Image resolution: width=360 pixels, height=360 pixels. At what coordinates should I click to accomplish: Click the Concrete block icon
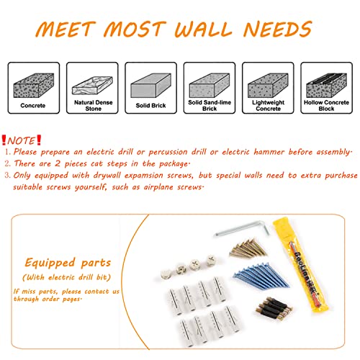pos(34,86)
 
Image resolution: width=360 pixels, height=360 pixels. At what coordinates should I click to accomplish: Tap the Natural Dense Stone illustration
pos(92,86)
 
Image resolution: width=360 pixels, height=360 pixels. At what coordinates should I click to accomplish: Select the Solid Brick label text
pos(150,105)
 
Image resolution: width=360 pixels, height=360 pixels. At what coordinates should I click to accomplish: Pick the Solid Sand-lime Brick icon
pos(210,86)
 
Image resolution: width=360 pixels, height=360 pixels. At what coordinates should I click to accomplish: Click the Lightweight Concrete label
pos(268,105)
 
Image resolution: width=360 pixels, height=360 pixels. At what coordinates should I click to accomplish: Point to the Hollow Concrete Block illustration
pos(326,86)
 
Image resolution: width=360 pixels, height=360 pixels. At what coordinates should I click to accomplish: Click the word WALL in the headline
pos(203,29)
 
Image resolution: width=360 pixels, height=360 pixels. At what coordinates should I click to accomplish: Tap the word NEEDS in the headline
pos(277,29)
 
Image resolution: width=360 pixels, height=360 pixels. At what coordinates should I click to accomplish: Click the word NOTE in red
pos(21,140)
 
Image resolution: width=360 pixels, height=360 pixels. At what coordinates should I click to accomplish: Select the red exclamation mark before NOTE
pos(4,140)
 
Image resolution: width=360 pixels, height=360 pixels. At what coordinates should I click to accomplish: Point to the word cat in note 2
pos(96,163)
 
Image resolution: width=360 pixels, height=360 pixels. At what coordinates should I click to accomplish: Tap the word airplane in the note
pos(158,187)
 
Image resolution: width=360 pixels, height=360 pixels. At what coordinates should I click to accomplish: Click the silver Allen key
pos(243,228)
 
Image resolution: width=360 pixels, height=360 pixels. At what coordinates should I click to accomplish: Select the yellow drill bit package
pos(301,265)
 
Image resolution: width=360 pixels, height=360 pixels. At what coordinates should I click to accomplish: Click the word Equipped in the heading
pos(50,263)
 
